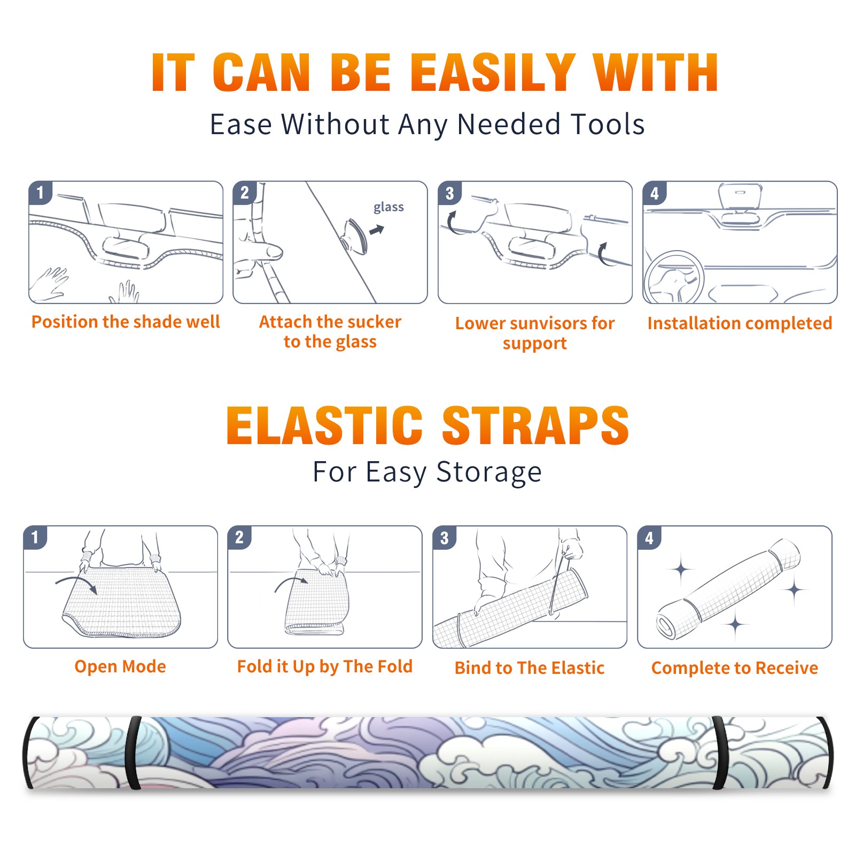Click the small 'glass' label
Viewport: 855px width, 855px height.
tap(388, 207)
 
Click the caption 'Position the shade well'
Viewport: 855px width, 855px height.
tap(126, 322)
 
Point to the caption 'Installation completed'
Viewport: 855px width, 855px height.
tap(740, 323)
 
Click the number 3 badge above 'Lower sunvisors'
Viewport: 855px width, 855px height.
tap(449, 193)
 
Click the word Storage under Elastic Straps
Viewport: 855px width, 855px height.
tap(489, 472)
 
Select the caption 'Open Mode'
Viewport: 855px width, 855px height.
tap(120, 666)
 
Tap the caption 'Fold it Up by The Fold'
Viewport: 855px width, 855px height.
tap(325, 666)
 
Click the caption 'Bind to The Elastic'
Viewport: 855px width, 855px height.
tap(530, 668)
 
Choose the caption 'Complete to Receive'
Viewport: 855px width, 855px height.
tap(735, 668)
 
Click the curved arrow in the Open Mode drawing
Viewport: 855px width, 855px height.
tap(76, 580)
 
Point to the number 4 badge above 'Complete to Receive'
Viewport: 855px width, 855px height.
tap(649, 538)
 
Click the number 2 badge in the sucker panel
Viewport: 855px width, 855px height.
tap(245, 193)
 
